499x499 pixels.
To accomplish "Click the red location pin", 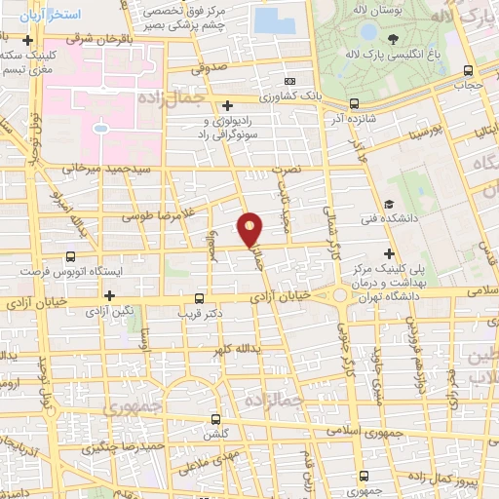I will [250, 229].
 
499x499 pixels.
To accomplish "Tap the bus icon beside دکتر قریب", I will [200, 298].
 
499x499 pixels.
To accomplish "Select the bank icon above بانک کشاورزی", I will [289, 81].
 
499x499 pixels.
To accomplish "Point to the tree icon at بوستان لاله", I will [393, 40].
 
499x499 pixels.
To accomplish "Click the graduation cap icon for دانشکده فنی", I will [389, 205].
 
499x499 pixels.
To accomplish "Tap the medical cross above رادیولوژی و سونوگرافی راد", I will [227, 105].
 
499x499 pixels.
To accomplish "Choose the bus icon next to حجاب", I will [469, 70].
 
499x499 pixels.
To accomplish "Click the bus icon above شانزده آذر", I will [354, 102].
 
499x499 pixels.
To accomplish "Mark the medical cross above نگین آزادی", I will [110, 295].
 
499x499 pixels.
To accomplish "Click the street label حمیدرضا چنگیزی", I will [114, 449].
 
